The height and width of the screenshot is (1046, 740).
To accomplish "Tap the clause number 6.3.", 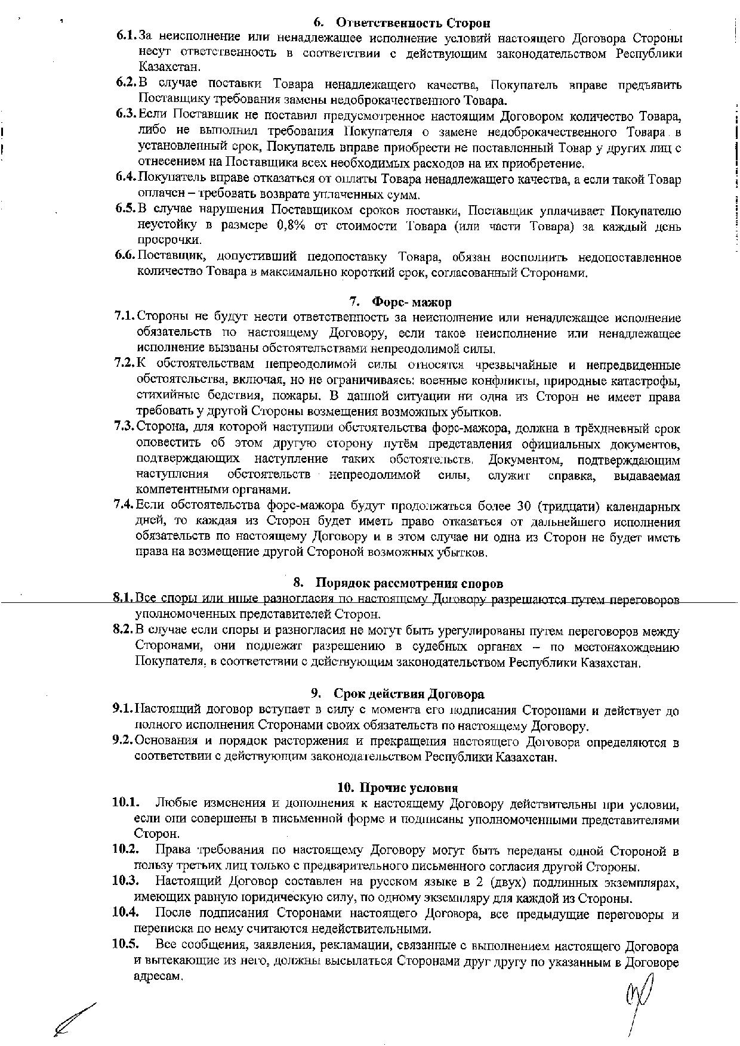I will click(127, 114).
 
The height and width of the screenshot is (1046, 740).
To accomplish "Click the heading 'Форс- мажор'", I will click(411, 302).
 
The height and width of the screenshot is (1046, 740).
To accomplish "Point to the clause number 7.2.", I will click(125, 364).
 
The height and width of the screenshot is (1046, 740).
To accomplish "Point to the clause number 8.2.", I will click(124, 630).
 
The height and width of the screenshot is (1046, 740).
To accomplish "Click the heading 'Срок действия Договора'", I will click(409, 694).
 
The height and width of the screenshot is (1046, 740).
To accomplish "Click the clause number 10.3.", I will click(125, 880).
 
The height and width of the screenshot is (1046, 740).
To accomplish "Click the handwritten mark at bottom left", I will click(75, 1021).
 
